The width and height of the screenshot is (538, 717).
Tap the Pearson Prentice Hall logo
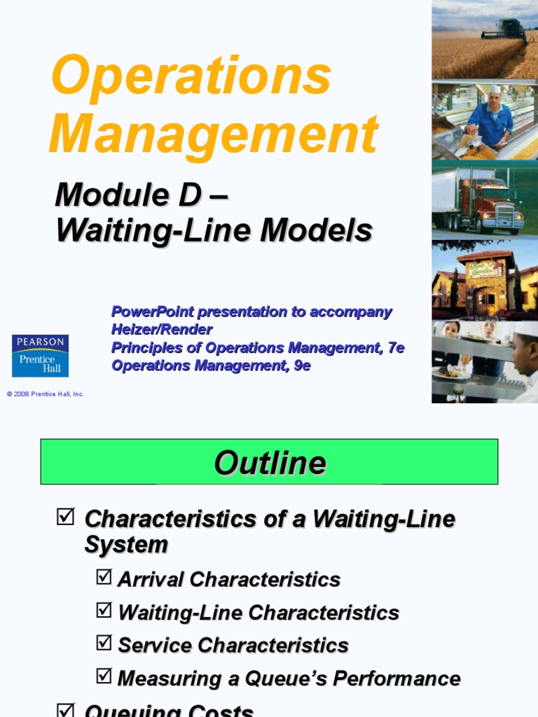[x=40, y=355]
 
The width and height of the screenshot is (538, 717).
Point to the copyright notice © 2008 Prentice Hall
[x=46, y=394]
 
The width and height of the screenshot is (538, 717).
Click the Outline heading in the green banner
[x=270, y=463]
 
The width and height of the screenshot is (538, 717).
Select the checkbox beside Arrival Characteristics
[x=104, y=577]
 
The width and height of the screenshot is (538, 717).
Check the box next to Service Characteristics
[x=104, y=643]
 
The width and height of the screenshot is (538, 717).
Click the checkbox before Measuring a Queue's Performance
[x=104, y=676]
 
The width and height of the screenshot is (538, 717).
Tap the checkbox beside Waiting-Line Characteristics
[x=104, y=610]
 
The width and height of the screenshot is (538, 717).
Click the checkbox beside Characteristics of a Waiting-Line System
[x=64, y=517]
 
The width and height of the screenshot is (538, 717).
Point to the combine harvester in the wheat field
[x=504, y=31]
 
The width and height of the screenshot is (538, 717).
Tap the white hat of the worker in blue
[x=495, y=89]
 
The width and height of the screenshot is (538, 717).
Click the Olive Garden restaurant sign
[x=485, y=269]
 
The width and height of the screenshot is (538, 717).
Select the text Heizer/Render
[x=162, y=329]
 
